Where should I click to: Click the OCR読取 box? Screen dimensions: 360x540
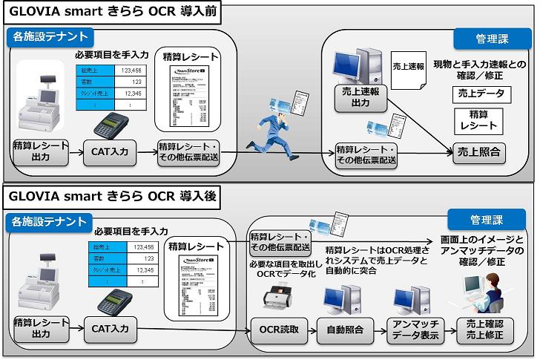point(275,328)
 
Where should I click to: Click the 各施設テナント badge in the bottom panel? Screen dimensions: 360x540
point(50,220)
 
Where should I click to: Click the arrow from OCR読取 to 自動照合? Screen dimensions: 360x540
point(308,328)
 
